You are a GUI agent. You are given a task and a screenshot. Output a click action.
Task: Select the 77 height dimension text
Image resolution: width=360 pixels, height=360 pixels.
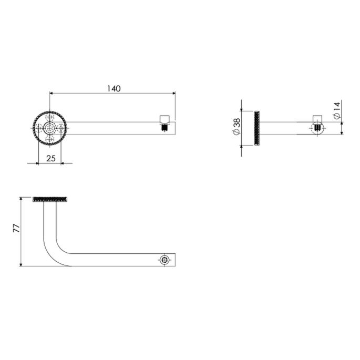pos(16,229)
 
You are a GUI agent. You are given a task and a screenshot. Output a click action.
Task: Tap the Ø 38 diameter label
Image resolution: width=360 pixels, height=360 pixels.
pos(236,127)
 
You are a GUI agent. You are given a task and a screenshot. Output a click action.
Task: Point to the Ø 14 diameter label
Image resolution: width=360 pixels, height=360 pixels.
pos(337,109)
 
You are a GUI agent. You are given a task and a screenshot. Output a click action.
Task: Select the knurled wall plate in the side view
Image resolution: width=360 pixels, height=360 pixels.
pos(257,128)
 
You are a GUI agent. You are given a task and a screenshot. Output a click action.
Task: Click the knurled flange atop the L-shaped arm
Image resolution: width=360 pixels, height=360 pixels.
pos(50,199)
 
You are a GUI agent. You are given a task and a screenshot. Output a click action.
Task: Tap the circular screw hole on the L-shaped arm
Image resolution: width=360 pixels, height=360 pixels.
pos(165,260)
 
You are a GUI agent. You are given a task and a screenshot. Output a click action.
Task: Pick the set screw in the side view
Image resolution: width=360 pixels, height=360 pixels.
pos(317,127)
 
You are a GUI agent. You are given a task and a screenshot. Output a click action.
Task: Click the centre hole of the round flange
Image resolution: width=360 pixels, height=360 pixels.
pos(50,128)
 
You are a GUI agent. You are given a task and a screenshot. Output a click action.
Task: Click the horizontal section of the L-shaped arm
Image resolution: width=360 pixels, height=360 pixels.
pos(116,260)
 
